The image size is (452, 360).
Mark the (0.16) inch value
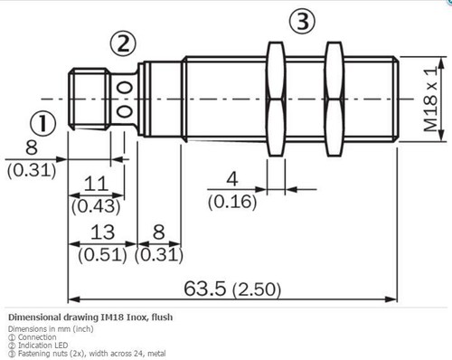pyautogui.click(x=232, y=202)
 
